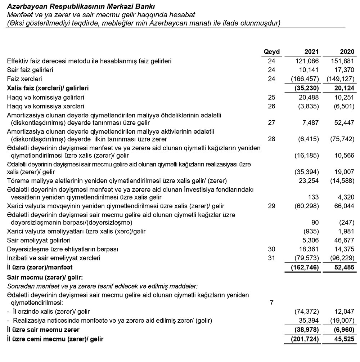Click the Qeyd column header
pyautogui.click(x=271, y=52)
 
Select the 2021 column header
pyautogui.click(x=311, y=52)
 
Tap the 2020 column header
pyautogui.click(x=347, y=52)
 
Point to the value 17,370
pyautogui.click(x=345, y=70)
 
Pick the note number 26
pyautogui.click(x=271, y=107)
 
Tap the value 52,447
pyautogui.click(x=345, y=123)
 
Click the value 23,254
pyautogui.click(x=309, y=180)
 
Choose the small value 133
pyautogui.click(x=314, y=197)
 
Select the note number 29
pyautogui.click(x=271, y=206)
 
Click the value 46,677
pyautogui.click(x=345, y=240)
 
